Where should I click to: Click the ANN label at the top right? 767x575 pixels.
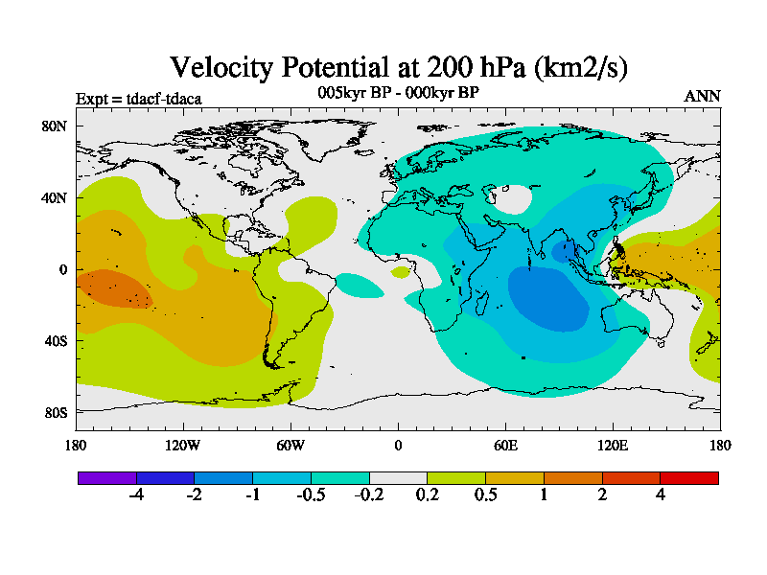point(702,96)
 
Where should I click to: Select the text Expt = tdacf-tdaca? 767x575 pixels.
point(138,98)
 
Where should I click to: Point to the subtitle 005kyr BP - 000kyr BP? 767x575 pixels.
point(398,92)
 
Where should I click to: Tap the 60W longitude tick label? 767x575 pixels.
point(291,445)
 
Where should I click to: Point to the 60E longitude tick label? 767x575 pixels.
point(505,445)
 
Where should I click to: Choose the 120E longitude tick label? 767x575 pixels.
point(613,445)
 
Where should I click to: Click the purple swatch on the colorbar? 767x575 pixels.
point(106,477)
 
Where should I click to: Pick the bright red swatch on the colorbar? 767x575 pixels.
point(689,477)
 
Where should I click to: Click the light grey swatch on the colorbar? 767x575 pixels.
point(398,477)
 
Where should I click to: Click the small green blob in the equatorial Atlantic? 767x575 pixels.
point(401,272)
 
